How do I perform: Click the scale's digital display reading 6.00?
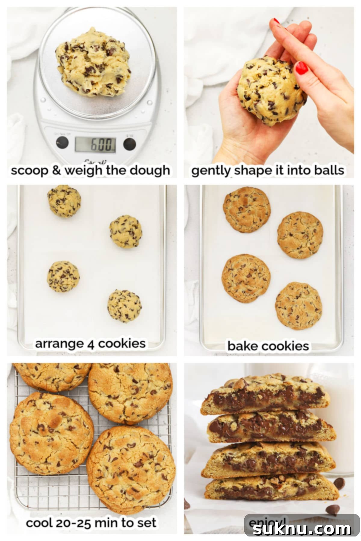(95, 144)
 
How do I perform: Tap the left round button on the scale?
(62, 142)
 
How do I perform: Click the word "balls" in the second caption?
(328, 170)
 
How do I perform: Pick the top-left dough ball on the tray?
(64, 201)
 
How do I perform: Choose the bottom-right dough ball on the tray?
(125, 306)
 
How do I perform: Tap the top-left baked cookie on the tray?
(247, 209)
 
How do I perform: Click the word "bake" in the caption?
(240, 346)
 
